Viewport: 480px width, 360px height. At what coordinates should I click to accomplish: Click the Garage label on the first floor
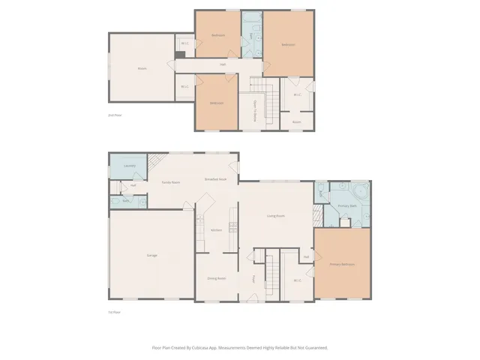(x=151, y=256)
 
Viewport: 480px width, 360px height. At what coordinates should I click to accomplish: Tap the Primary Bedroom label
(x=342, y=264)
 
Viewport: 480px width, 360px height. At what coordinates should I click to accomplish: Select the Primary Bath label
(x=346, y=205)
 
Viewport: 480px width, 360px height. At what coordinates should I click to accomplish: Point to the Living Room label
(x=276, y=216)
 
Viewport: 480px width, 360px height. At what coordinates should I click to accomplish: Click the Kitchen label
(x=216, y=230)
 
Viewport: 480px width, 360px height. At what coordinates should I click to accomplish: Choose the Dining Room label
(x=216, y=278)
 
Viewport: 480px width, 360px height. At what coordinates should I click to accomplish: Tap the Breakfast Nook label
(x=216, y=179)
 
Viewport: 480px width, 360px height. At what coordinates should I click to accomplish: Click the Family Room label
(x=171, y=182)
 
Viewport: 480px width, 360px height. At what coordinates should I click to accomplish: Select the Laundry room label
(x=129, y=166)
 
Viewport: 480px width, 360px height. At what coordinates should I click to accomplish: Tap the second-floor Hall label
(x=223, y=64)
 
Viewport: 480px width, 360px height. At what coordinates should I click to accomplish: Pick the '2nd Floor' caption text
(x=115, y=115)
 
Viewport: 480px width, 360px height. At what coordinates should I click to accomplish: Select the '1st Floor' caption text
(x=114, y=312)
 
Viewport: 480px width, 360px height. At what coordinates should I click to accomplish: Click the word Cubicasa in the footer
(x=198, y=347)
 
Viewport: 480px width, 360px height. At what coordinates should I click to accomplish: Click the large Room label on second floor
(x=142, y=68)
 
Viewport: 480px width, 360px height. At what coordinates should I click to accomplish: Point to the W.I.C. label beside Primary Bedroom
(x=297, y=280)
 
